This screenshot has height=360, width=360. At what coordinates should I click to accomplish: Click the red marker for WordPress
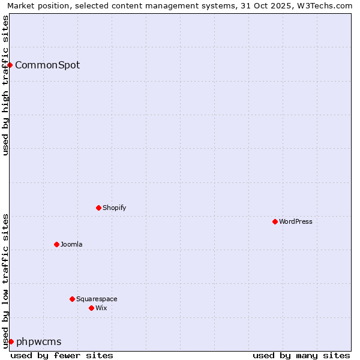[275, 221]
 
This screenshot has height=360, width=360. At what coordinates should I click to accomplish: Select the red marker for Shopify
[99, 208]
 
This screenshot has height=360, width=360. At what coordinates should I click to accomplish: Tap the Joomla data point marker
[57, 244]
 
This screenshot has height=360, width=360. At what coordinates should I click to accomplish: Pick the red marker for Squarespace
[73, 299]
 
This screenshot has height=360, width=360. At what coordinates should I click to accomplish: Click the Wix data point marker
[92, 308]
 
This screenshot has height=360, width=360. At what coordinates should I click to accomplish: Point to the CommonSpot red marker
[10, 65]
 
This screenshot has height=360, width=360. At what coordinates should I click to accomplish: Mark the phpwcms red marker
[11, 341]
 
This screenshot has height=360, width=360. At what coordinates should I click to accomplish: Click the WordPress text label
[296, 221]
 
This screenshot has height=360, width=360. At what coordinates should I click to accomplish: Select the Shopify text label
[115, 208]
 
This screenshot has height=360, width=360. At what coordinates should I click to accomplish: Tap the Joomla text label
[71, 244]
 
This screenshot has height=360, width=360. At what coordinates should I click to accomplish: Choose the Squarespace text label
[97, 299]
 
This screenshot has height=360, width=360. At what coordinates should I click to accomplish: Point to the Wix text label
[101, 308]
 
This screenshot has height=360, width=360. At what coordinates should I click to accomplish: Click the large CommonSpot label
[47, 65]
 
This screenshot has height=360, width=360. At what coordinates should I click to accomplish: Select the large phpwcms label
[39, 341]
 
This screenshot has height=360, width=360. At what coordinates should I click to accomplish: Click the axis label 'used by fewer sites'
[62, 355]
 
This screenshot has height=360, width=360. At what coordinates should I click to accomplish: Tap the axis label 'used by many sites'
[301, 355]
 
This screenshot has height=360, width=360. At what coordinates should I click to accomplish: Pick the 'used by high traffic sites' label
[5, 85]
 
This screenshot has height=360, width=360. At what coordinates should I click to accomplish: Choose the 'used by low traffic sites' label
[5, 281]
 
